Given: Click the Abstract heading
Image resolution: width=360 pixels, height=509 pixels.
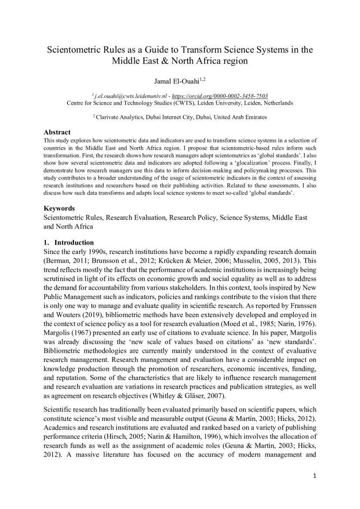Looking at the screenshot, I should pyautogui.click(x=57, y=132).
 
